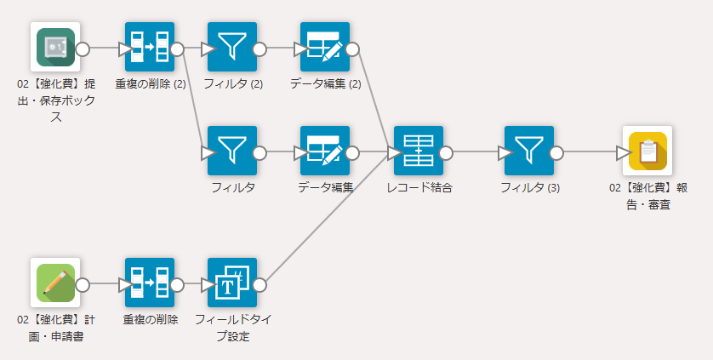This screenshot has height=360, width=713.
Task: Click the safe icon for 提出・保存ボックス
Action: pyautogui.click(x=55, y=48)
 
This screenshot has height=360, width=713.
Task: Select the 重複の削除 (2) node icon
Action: pyautogui.click(x=150, y=48)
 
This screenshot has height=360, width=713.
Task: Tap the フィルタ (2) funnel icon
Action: pyautogui.click(x=231, y=48)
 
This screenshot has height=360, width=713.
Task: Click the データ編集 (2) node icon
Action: pyautogui.click(x=325, y=48)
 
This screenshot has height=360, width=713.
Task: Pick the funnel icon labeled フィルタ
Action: pyautogui.click(x=231, y=151)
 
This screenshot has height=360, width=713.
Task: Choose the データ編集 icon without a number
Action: pyautogui.click(x=325, y=151)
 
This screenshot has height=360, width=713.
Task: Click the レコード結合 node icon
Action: pyautogui.click(x=419, y=151)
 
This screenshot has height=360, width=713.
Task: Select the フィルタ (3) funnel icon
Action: pyautogui.click(x=529, y=151)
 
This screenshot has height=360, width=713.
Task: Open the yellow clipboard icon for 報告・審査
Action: pyautogui.click(x=647, y=151)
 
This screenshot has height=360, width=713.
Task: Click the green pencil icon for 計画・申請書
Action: pyautogui.click(x=55, y=283)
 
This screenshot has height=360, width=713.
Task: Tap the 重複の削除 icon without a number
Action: pyautogui.click(x=150, y=283)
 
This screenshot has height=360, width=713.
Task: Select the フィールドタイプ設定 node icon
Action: pyautogui.click(x=231, y=283)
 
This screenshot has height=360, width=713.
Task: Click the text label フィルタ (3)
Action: pyautogui.click(x=529, y=187)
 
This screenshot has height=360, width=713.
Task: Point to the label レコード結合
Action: pyautogui.click(x=419, y=187)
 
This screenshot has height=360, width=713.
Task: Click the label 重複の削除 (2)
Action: pyautogui.click(x=151, y=83)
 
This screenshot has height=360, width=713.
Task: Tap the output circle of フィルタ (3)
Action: pyautogui.click(x=557, y=152)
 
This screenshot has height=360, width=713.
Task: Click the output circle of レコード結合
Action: pyautogui.click(x=447, y=152)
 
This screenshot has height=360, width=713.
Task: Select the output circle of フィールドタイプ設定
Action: pyautogui.click(x=260, y=284)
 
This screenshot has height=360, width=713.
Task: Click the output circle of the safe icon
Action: pyautogui.click(x=83, y=49)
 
